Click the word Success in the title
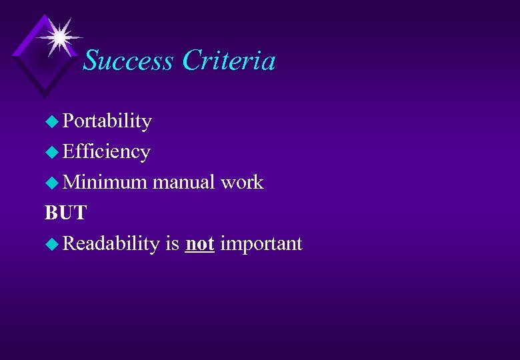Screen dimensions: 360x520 (x=129, y=61)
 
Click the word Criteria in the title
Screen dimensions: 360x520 (x=229, y=61)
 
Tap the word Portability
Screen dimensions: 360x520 (x=107, y=121)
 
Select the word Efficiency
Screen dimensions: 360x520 (x=106, y=152)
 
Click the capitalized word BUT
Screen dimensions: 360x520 (x=65, y=213)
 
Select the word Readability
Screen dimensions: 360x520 (x=111, y=243)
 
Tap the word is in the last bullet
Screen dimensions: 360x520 (x=173, y=243)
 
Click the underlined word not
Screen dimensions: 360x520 (x=199, y=243)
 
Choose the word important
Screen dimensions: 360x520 (x=261, y=243)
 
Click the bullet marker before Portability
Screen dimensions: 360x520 (x=52, y=122)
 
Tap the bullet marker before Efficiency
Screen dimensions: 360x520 (x=52, y=153)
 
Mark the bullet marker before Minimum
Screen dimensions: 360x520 (x=52, y=183)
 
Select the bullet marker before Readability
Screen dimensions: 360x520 (x=52, y=244)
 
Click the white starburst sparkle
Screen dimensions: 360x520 (x=59, y=36)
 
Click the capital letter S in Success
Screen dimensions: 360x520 (x=91, y=61)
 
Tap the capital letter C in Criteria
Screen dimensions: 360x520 (x=190, y=61)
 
